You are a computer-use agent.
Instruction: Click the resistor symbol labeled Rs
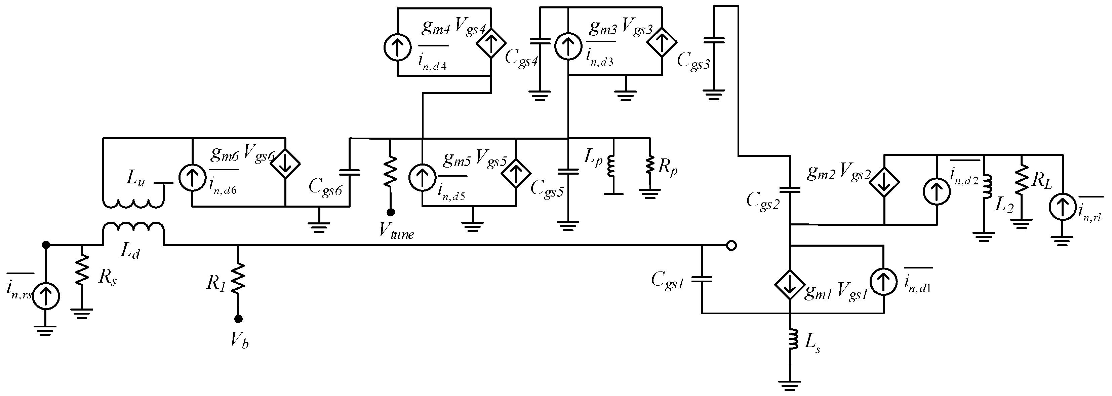pos(82,270)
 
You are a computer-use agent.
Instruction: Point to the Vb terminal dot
pos(238,319)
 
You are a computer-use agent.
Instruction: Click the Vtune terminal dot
pos(390,212)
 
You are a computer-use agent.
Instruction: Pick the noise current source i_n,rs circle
pos(45,297)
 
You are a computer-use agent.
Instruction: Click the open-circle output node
pos(731,246)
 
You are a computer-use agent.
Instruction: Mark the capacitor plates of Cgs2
pos(790,189)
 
